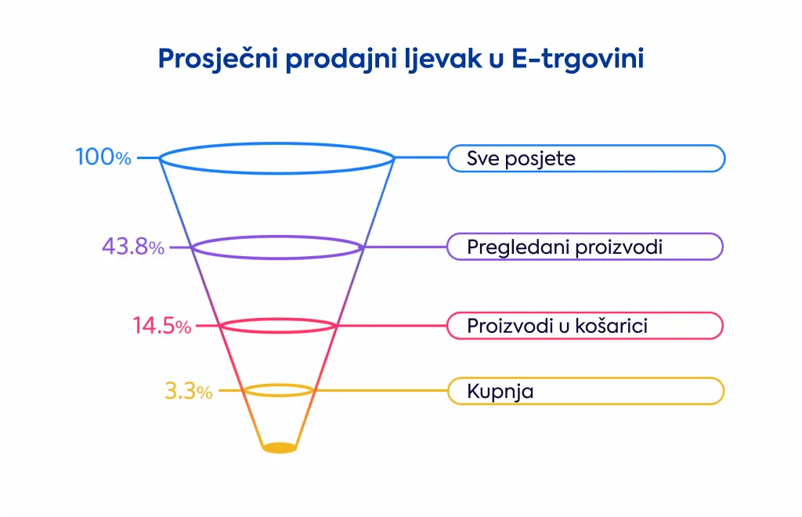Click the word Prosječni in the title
(219, 58)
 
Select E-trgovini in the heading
(577, 58)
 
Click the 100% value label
(103, 157)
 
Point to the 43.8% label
(133, 247)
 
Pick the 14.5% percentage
(161, 325)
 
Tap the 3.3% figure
(188, 391)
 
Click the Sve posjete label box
(586, 158)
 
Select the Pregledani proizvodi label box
(585, 247)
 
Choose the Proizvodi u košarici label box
(585, 326)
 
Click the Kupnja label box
(586, 391)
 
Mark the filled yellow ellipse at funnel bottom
(280, 447)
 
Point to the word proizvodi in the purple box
(619, 248)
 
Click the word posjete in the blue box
(540, 159)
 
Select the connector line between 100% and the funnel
(149, 158)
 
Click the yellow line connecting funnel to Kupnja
(381, 391)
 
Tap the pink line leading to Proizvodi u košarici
(392, 325)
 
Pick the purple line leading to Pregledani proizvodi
(405, 247)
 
